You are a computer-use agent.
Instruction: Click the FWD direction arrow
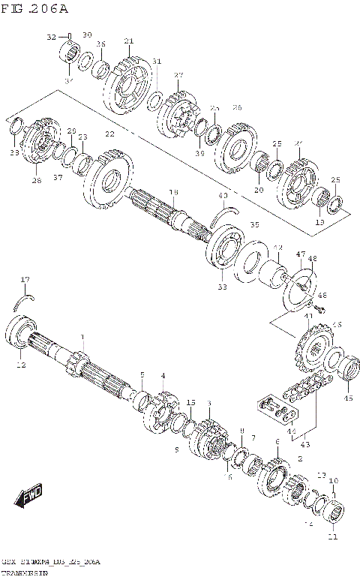[x=27, y=496]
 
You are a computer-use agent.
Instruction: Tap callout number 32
[x=51, y=37]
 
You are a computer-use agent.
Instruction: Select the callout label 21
[x=128, y=41]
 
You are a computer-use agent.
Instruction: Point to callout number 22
[x=109, y=134]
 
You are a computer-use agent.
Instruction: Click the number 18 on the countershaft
[x=173, y=193]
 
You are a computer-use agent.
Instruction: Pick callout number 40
[x=223, y=197]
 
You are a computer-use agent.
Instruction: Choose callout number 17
[x=25, y=280]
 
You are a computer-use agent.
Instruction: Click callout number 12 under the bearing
[x=22, y=365]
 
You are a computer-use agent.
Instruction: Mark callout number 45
[x=347, y=398]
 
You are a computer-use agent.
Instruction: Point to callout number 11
[x=332, y=536]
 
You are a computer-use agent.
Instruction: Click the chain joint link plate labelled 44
[x=272, y=406]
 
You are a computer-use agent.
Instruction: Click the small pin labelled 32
[x=70, y=37]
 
